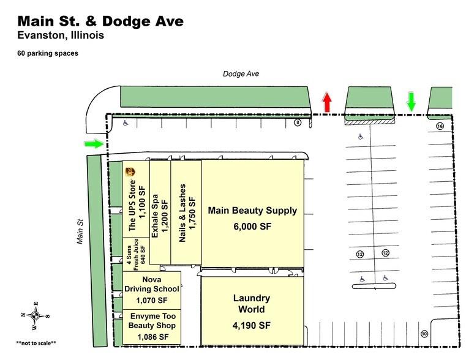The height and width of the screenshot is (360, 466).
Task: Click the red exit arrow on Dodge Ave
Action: (x=327, y=102)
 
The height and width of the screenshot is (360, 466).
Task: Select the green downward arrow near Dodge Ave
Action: (x=411, y=101)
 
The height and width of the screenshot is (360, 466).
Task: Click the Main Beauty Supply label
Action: (x=252, y=211)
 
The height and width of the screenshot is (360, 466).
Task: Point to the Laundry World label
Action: (x=252, y=304)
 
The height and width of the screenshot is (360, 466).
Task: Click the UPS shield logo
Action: (x=130, y=173)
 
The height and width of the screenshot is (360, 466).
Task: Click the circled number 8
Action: (x=298, y=122)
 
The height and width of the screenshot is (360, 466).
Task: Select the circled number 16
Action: (x=440, y=126)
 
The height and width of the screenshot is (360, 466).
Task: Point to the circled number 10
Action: (x=423, y=334)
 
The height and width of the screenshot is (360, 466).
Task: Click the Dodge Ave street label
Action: (x=241, y=73)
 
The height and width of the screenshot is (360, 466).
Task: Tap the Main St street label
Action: (x=80, y=232)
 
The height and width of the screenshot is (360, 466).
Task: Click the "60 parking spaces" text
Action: (x=47, y=53)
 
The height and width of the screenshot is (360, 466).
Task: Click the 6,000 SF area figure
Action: (x=252, y=226)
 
